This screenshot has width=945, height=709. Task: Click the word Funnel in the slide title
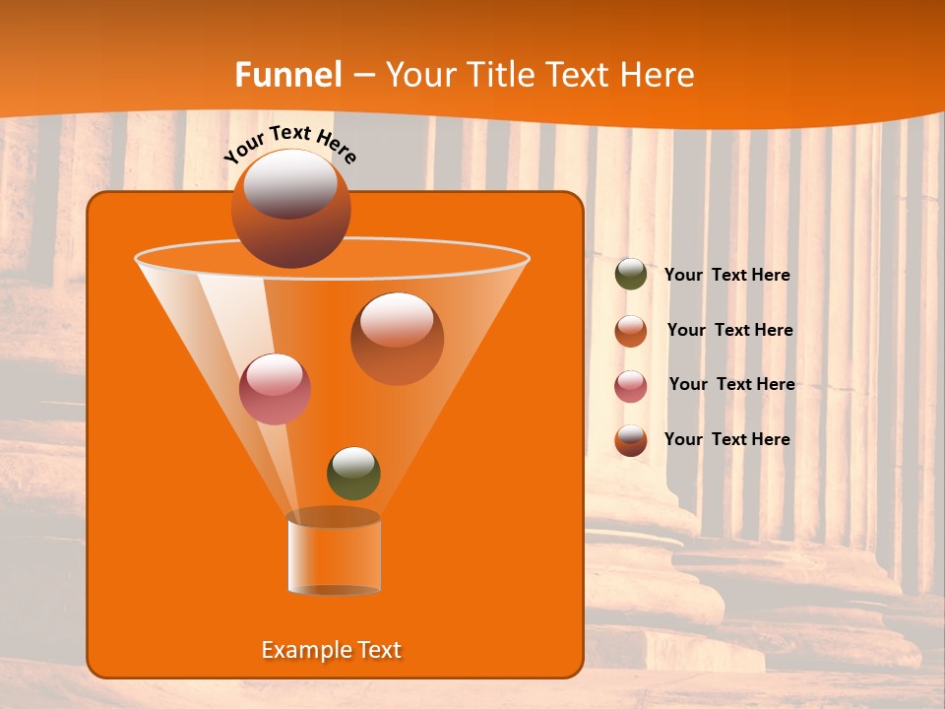click(x=288, y=75)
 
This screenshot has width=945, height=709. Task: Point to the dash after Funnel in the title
click(x=362, y=76)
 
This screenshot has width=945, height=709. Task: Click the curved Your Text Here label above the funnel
click(x=289, y=143)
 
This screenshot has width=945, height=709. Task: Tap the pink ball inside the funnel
click(x=275, y=389)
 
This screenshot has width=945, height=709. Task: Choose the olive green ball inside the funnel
click(x=353, y=474)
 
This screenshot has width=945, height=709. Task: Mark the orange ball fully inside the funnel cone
click(x=397, y=339)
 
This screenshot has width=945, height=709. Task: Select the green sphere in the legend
click(x=631, y=275)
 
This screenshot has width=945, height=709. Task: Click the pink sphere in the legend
click(x=631, y=386)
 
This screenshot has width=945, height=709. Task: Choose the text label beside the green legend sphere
click(x=726, y=276)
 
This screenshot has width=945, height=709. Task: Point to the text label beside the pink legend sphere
click(x=731, y=385)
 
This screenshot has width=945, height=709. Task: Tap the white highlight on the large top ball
click(x=290, y=185)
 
